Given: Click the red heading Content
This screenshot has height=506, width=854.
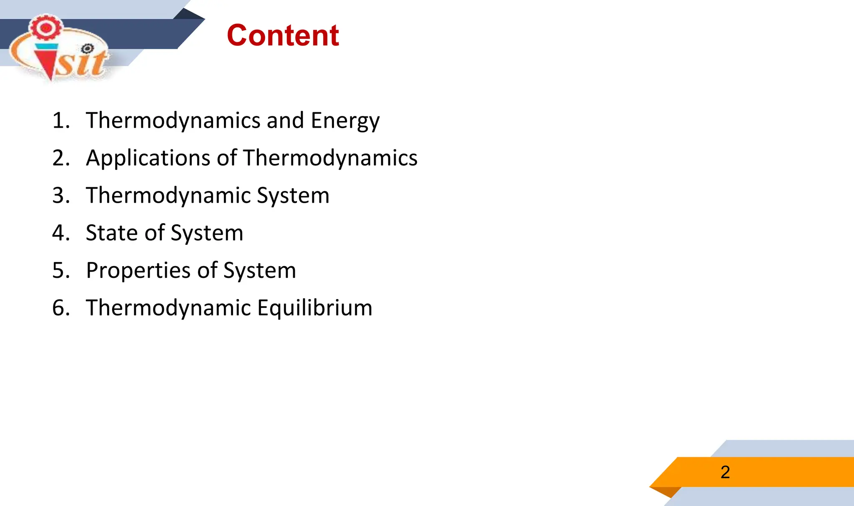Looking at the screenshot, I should [283, 35].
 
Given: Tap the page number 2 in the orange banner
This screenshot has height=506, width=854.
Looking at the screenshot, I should [725, 472].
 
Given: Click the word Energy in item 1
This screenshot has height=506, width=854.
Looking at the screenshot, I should [345, 121].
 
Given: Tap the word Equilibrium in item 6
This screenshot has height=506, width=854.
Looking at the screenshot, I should [314, 308].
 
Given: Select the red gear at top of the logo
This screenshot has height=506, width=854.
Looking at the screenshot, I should [46, 28].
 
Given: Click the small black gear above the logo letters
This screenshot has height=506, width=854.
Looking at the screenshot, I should [88, 49].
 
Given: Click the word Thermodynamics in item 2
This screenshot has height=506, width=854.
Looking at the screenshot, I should [330, 159].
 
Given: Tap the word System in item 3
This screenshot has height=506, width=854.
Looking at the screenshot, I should [293, 196].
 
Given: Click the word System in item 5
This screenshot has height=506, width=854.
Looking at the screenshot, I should [259, 271].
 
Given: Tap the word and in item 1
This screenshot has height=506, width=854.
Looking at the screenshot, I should [285, 121].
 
